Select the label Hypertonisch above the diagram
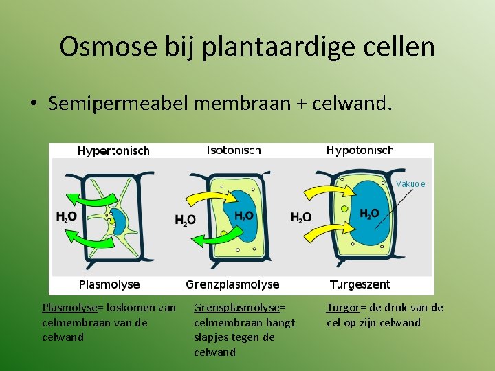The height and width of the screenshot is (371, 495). coord(113,150)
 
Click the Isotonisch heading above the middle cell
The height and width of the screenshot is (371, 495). coord(234,150)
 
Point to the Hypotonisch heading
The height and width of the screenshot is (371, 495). coord(360,150)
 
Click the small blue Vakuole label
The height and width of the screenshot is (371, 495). coord(410,184)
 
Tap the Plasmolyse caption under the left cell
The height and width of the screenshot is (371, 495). coord(109,284)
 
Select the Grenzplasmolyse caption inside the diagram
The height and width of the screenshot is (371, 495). coord(232,284)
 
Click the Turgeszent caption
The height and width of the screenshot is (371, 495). coord(360,284)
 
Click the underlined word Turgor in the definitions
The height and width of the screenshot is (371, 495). coord(342,308)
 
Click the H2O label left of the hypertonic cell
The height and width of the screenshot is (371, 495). coord(66,216)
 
